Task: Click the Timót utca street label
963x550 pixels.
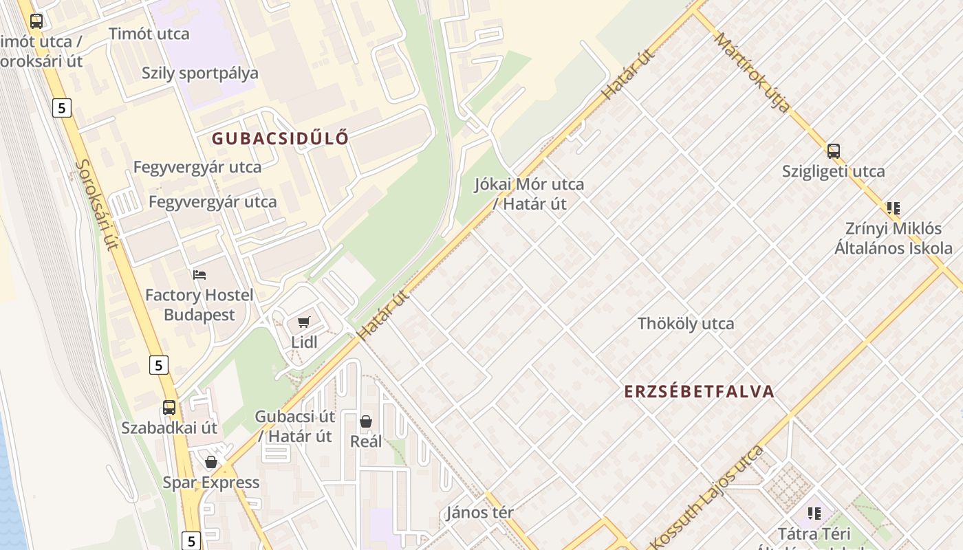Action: coord(149,34)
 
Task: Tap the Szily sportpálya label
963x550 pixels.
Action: coord(200,74)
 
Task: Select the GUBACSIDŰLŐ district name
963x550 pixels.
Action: coord(280,138)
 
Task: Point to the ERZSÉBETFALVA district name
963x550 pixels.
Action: coord(699,392)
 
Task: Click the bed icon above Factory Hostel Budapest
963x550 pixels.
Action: coord(199,275)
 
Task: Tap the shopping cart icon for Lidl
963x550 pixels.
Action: coord(304,322)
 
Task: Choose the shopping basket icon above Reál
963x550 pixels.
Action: coord(366,421)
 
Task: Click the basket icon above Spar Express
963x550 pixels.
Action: coord(211,462)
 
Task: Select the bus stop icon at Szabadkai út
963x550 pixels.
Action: coord(169,407)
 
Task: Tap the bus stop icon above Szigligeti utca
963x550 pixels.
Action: coord(833,151)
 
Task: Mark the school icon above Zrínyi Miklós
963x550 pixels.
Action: coord(893,208)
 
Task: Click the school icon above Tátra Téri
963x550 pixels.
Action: coord(814,513)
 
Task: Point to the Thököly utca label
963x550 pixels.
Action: coord(686,324)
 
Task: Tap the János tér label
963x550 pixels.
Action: coord(480,512)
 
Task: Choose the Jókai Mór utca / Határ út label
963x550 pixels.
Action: coord(529,194)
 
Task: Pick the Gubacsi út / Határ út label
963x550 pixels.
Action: coord(295,426)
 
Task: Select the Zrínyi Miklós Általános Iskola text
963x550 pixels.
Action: coord(894,238)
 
